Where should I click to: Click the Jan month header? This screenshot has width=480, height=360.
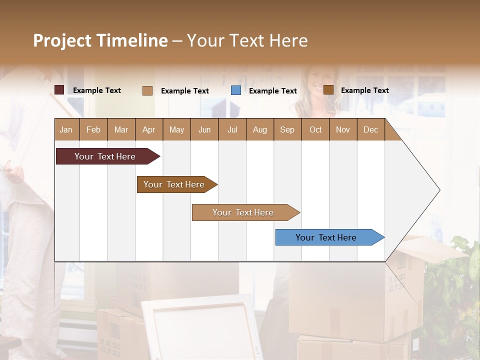[x=66, y=129]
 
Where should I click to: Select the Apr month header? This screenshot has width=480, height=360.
[x=149, y=129]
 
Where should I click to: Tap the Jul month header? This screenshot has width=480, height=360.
[x=232, y=129]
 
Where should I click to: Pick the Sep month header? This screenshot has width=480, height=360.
[x=287, y=129]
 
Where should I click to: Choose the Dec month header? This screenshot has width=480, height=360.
[x=370, y=129]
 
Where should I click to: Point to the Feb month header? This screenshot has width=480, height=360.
[x=93, y=129]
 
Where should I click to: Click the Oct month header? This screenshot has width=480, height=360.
[x=315, y=129]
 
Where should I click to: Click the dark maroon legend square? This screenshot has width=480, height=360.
[x=59, y=90]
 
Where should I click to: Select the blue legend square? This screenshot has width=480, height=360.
[x=236, y=90]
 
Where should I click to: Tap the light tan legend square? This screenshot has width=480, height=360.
[x=147, y=90]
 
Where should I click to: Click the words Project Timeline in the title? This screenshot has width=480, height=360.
[x=100, y=40]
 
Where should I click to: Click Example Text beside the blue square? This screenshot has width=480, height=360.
[x=272, y=91]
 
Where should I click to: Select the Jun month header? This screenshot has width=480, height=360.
[x=204, y=129]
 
